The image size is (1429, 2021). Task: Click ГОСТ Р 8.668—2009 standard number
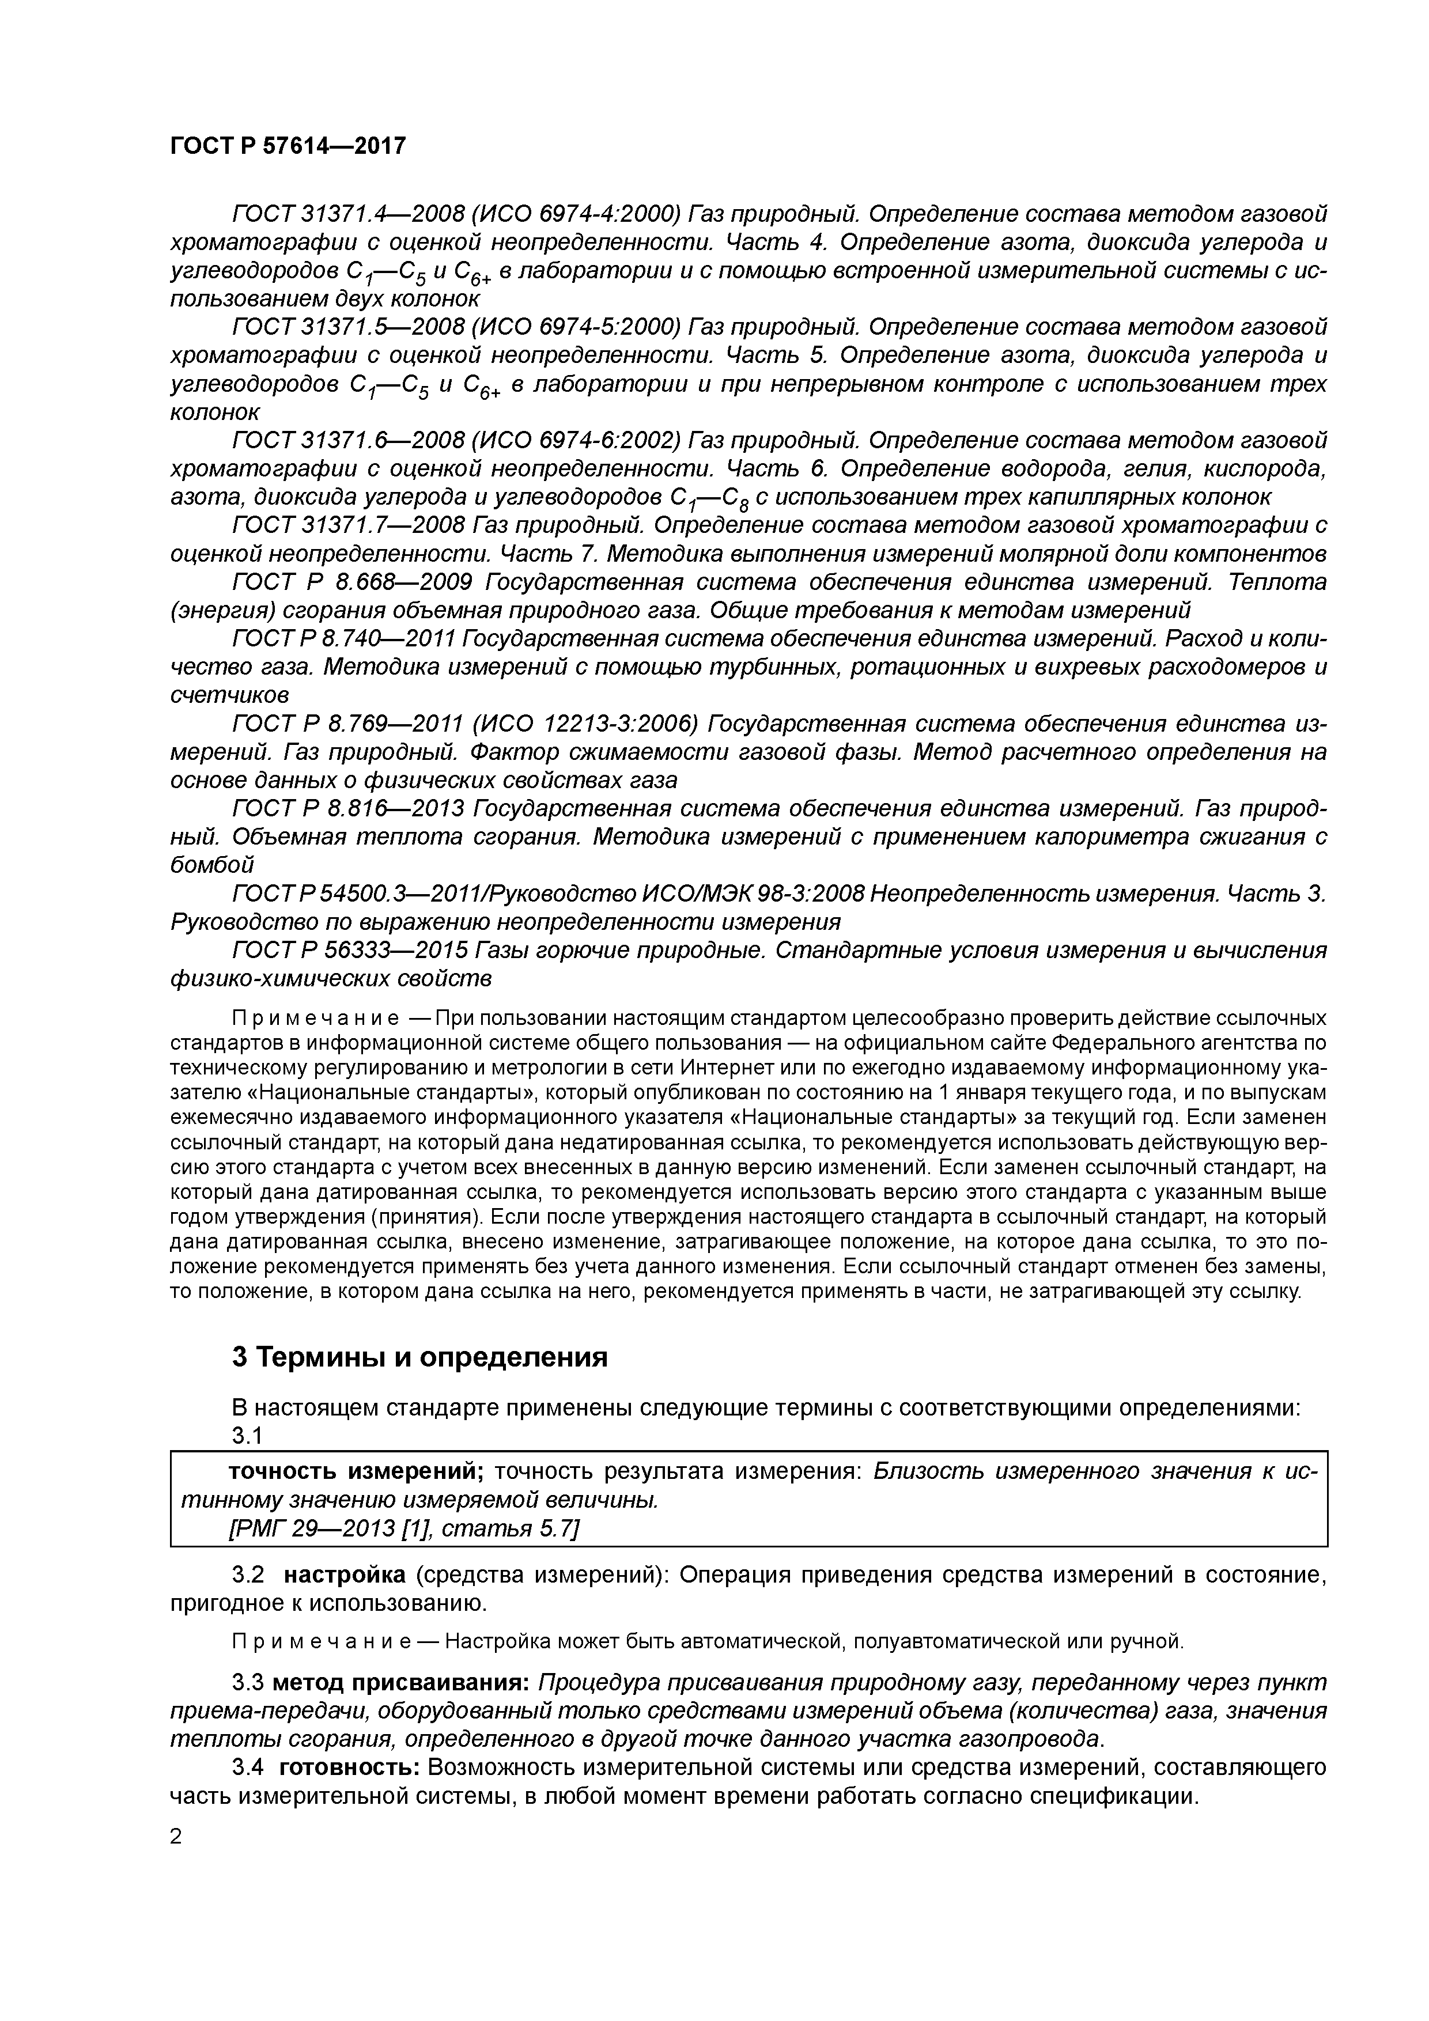click(352, 582)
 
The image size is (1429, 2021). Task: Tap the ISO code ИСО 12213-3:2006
click(585, 724)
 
